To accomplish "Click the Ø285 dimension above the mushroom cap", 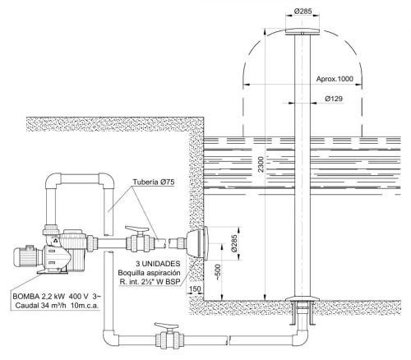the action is point(302,12).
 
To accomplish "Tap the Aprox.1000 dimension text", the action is point(335,79).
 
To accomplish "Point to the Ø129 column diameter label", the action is point(334,99).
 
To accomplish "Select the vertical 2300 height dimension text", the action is point(261,164).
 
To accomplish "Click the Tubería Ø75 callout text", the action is point(154,182).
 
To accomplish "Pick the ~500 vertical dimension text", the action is point(218,273).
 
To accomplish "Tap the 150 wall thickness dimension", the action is point(195,288).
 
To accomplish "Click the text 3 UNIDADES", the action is point(158,264).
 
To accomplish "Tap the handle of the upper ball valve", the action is point(136,229).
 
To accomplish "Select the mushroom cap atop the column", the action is point(302,31).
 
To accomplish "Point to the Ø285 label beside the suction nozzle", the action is point(233,243).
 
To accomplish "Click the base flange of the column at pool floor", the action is point(302,298).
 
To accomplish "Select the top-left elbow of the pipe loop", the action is point(53,181).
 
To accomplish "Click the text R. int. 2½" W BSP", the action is point(150,282).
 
